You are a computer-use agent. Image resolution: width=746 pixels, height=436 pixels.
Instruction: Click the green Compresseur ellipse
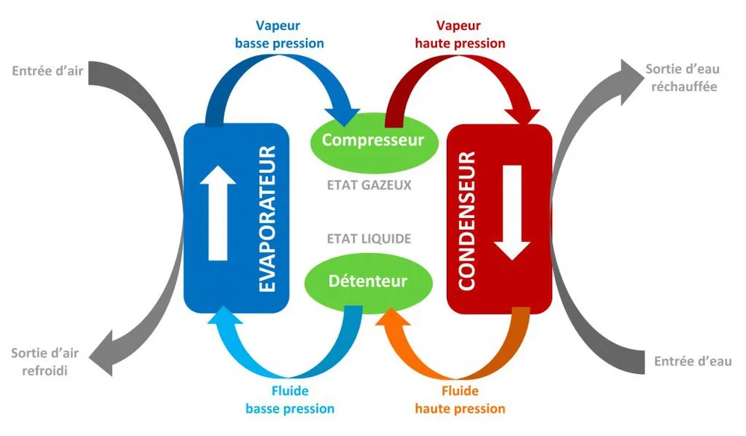pos(372,140)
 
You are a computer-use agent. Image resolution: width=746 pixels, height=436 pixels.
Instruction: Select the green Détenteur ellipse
pos(369,281)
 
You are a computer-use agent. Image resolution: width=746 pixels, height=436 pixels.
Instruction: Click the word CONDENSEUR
pos(467,220)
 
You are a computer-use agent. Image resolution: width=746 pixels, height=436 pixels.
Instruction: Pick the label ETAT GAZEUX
pos(369,184)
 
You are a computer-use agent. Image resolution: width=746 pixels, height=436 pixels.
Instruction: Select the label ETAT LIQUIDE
pos(369,238)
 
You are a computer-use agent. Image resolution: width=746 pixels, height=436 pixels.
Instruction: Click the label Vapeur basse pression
pos(279,34)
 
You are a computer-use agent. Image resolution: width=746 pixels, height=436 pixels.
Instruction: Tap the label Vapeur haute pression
pos(460,34)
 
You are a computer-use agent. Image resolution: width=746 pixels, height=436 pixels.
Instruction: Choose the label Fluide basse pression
pos(289,399)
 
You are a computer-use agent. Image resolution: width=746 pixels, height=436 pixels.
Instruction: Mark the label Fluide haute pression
pos(461,399)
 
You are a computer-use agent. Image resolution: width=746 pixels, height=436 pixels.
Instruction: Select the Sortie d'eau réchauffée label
pos(683,78)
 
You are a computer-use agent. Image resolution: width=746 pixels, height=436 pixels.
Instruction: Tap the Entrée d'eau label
pos(693,361)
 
